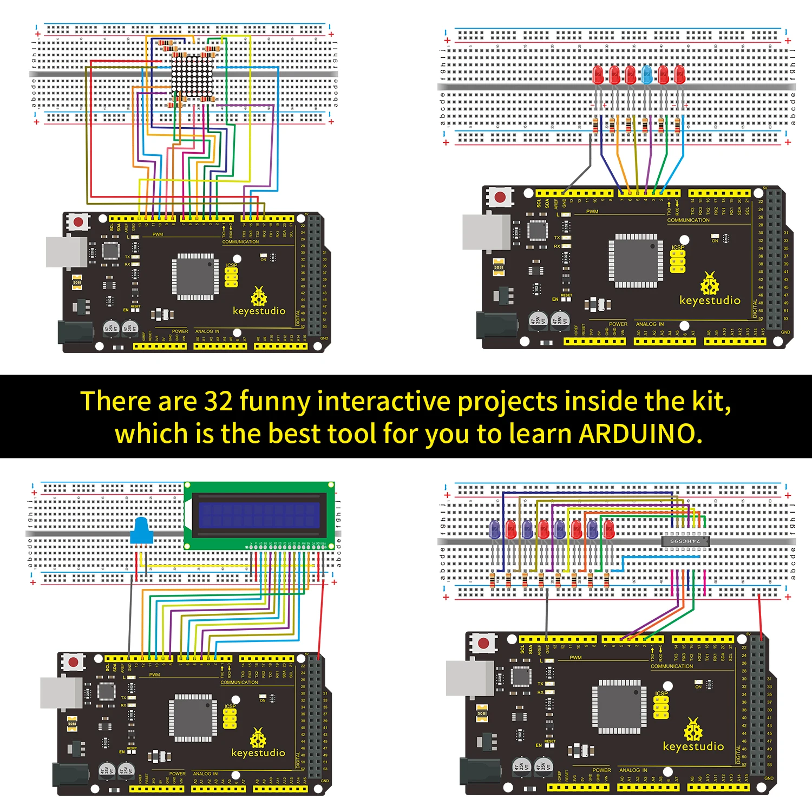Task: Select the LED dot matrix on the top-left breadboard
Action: point(192,76)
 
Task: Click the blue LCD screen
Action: point(259,515)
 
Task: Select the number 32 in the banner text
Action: point(218,402)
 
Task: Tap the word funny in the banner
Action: point(275,402)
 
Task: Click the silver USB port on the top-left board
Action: point(66,252)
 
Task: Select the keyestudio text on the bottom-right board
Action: point(693,746)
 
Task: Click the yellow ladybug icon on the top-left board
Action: point(259,297)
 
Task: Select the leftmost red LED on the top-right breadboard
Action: point(598,75)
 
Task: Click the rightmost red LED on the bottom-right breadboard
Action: point(609,529)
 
